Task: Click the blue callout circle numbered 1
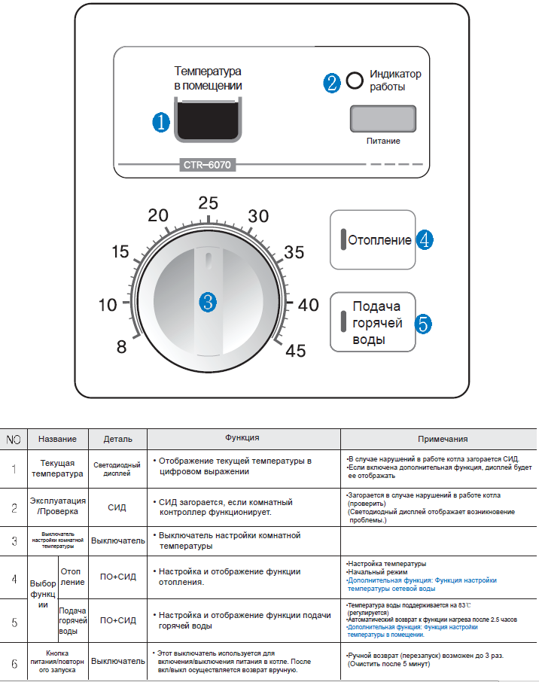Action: click(x=161, y=123)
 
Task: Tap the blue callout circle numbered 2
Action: click(x=332, y=82)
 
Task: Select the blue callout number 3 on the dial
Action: click(x=208, y=303)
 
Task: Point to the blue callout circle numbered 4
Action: click(x=425, y=240)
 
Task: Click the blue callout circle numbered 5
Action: click(x=424, y=324)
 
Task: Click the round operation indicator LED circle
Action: click(x=355, y=81)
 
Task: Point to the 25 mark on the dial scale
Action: click(x=208, y=202)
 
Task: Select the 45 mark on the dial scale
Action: click(x=295, y=350)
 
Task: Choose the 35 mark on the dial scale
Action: click(x=294, y=252)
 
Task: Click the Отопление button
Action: click(x=373, y=241)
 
